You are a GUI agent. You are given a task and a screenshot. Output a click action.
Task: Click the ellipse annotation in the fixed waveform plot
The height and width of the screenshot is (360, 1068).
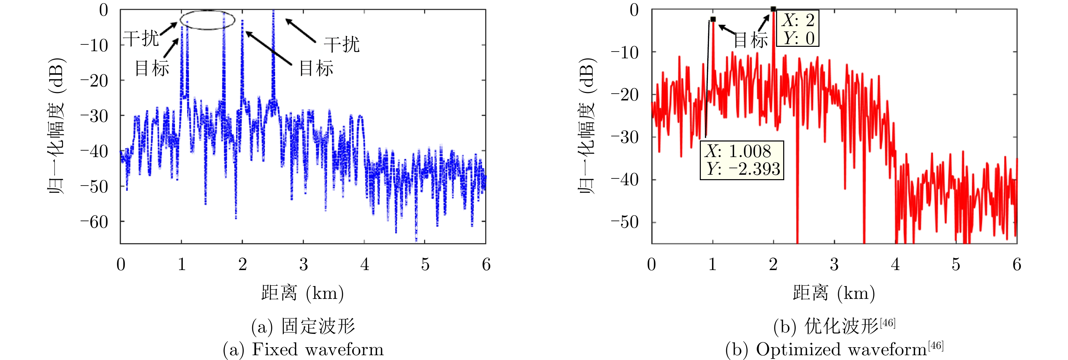coord(207,20)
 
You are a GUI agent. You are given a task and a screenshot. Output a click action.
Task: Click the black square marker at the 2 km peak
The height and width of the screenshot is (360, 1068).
coord(773,9)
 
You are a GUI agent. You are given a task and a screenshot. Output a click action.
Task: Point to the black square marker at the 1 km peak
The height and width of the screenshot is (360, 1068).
coord(713,19)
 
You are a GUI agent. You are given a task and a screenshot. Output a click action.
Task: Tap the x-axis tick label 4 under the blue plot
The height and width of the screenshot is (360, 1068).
coord(364,265)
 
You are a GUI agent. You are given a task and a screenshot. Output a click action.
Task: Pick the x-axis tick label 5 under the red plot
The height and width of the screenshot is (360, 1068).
coord(956,265)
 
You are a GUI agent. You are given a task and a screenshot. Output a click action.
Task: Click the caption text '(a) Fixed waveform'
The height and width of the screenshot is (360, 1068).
coord(303,349)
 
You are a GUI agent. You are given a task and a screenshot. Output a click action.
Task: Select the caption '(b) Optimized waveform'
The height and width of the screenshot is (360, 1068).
coord(834,349)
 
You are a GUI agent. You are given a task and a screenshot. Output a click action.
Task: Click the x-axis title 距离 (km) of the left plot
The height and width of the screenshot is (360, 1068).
coord(303,293)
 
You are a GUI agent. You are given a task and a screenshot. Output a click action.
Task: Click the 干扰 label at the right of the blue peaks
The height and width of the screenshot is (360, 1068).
coord(341,44)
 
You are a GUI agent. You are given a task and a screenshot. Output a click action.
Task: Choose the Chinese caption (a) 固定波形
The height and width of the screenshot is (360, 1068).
coord(303,326)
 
